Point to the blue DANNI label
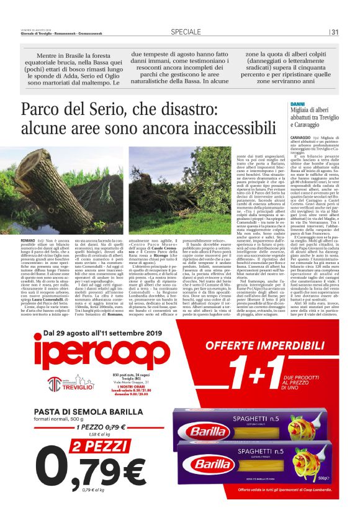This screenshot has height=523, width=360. point(298,104)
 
